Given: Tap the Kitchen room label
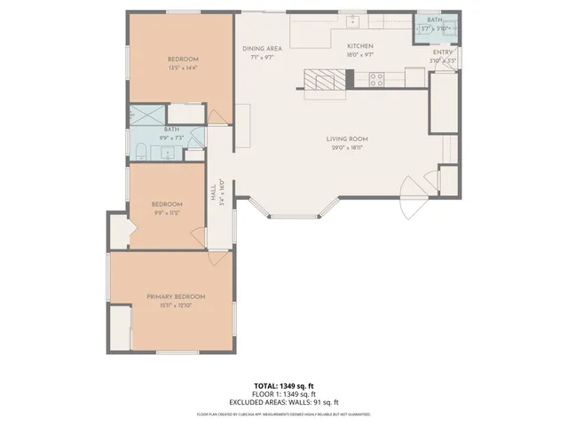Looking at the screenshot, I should [359, 46].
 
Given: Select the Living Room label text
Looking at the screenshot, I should [347, 138].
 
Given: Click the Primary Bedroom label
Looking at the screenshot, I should [176, 296].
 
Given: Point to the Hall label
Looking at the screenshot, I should [213, 193].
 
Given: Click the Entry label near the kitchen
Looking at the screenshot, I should [443, 52].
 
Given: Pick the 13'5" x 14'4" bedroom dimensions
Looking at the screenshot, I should [183, 67].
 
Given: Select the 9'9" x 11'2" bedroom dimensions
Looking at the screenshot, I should [168, 213].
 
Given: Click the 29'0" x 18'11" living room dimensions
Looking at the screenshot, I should [347, 147].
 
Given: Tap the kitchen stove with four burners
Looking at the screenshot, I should [375, 78].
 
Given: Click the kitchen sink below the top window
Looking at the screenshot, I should [352, 20].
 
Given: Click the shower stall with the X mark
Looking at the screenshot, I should [148, 114].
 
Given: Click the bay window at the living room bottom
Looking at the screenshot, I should [296, 213].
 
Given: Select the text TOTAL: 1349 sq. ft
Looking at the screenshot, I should [283, 386].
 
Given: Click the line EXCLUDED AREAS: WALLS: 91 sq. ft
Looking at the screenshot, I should [283, 401].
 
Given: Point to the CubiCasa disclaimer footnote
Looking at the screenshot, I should [283, 414].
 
